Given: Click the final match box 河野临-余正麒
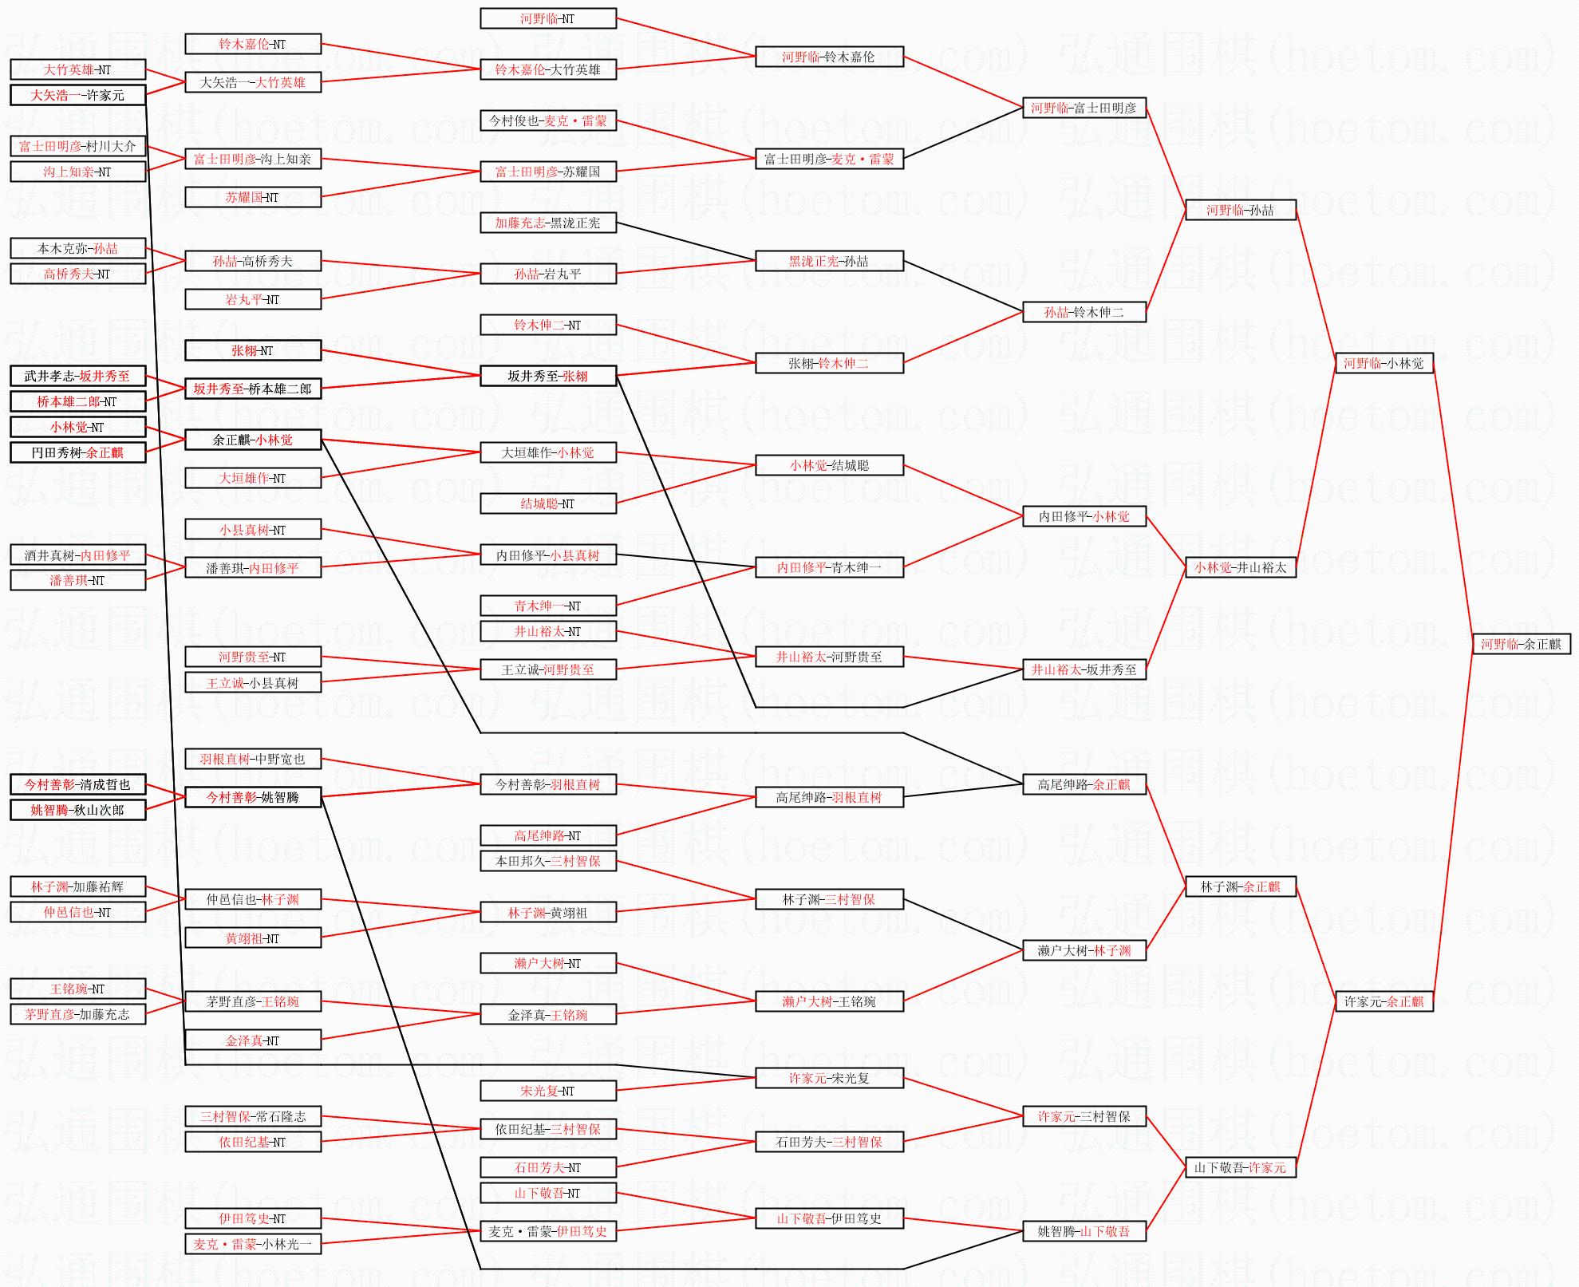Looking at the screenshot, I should pyautogui.click(x=1521, y=644).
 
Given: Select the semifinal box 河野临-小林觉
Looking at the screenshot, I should pyautogui.click(x=1384, y=363).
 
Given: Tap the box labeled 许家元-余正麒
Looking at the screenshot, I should pyautogui.click(x=1384, y=1001).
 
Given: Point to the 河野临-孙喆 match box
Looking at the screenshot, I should pyautogui.click(x=1240, y=210).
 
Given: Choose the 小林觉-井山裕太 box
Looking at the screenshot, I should pyautogui.click(x=1240, y=567).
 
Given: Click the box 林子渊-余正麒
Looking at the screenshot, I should pyautogui.click(x=1240, y=886).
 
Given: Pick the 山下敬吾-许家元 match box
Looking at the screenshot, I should pyautogui.click(x=1240, y=1167).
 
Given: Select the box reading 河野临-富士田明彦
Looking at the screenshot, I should pyautogui.click(x=1084, y=108).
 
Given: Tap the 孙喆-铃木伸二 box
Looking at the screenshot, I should pyautogui.click(x=1084, y=312).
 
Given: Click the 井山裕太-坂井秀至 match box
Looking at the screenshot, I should pyautogui.click(x=1084, y=669).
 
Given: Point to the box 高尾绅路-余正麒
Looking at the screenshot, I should pyautogui.click(x=1084, y=784).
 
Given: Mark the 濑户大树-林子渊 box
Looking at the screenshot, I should pyautogui.click(x=1084, y=950).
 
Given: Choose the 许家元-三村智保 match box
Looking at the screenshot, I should pyautogui.click(x=1084, y=1116).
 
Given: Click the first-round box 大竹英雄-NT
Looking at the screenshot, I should pyautogui.click(x=77, y=69).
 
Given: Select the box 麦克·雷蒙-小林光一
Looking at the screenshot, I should pyautogui.click(x=253, y=1244).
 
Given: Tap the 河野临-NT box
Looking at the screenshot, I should pyautogui.click(x=547, y=18).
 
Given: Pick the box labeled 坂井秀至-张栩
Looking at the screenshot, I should pyautogui.click(x=547, y=376).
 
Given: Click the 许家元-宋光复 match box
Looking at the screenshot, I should pyautogui.click(x=829, y=1078).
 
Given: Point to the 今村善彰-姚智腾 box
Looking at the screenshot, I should pyautogui.click(x=253, y=797).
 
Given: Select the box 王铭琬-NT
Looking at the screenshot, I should pyautogui.click(x=77, y=989).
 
